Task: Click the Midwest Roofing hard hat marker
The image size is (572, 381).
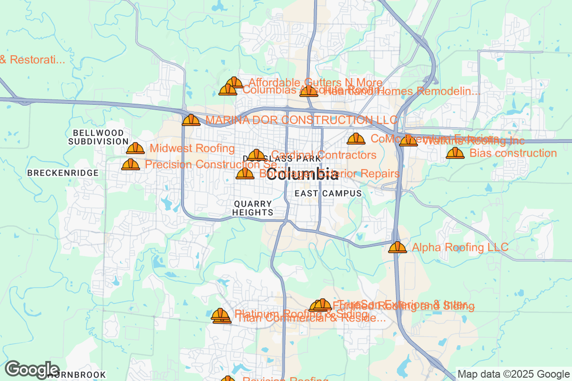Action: click(135, 149)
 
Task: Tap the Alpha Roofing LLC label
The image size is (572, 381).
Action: click(460, 247)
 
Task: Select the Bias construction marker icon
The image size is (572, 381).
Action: click(455, 153)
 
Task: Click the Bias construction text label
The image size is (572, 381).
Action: click(513, 153)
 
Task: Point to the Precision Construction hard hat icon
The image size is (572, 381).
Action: click(131, 165)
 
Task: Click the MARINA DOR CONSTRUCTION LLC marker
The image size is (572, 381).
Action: click(191, 120)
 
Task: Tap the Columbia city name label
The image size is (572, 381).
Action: click(302, 174)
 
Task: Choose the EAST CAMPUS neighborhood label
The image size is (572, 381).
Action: click(328, 193)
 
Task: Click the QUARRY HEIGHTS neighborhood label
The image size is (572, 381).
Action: click(253, 208)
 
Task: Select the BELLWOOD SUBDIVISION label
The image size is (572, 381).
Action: click(98, 137)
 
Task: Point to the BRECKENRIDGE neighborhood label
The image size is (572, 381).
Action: click(63, 173)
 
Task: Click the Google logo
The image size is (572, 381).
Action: click(32, 369)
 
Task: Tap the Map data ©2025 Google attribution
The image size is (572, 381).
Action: click(513, 374)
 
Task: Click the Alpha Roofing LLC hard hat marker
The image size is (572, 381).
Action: click(397, 248)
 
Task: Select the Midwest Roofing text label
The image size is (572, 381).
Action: click(192, 149)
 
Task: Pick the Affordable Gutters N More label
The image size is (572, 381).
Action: click(315, 82)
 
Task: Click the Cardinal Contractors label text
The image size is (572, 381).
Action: click(324, 155)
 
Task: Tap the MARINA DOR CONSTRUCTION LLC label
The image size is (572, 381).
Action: click(302, 120)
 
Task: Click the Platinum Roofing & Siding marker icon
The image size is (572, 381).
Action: click(220, 314)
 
